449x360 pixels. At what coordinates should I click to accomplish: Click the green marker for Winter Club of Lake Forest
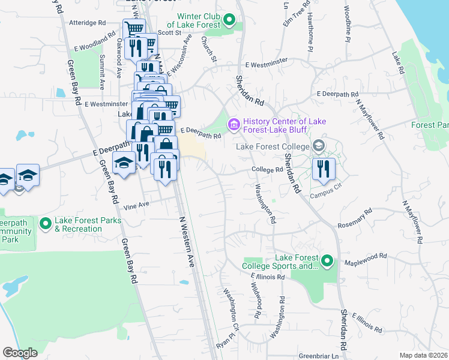click(x=229, y=22)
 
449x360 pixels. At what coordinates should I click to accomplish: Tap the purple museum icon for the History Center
click(x=233, y=125)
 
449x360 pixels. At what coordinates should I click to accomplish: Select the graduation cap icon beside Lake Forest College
click(x=318, y=146)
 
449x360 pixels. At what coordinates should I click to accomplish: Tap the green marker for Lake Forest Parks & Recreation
click(x=45, y=224)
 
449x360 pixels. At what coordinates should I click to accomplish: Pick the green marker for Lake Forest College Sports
click(x=327, y=261)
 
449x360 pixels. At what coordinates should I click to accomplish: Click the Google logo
click(x=20, y=353)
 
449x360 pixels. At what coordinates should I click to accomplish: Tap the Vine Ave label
click(x=136, y=206)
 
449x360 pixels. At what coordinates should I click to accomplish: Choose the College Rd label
click(x=267, y=170)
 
